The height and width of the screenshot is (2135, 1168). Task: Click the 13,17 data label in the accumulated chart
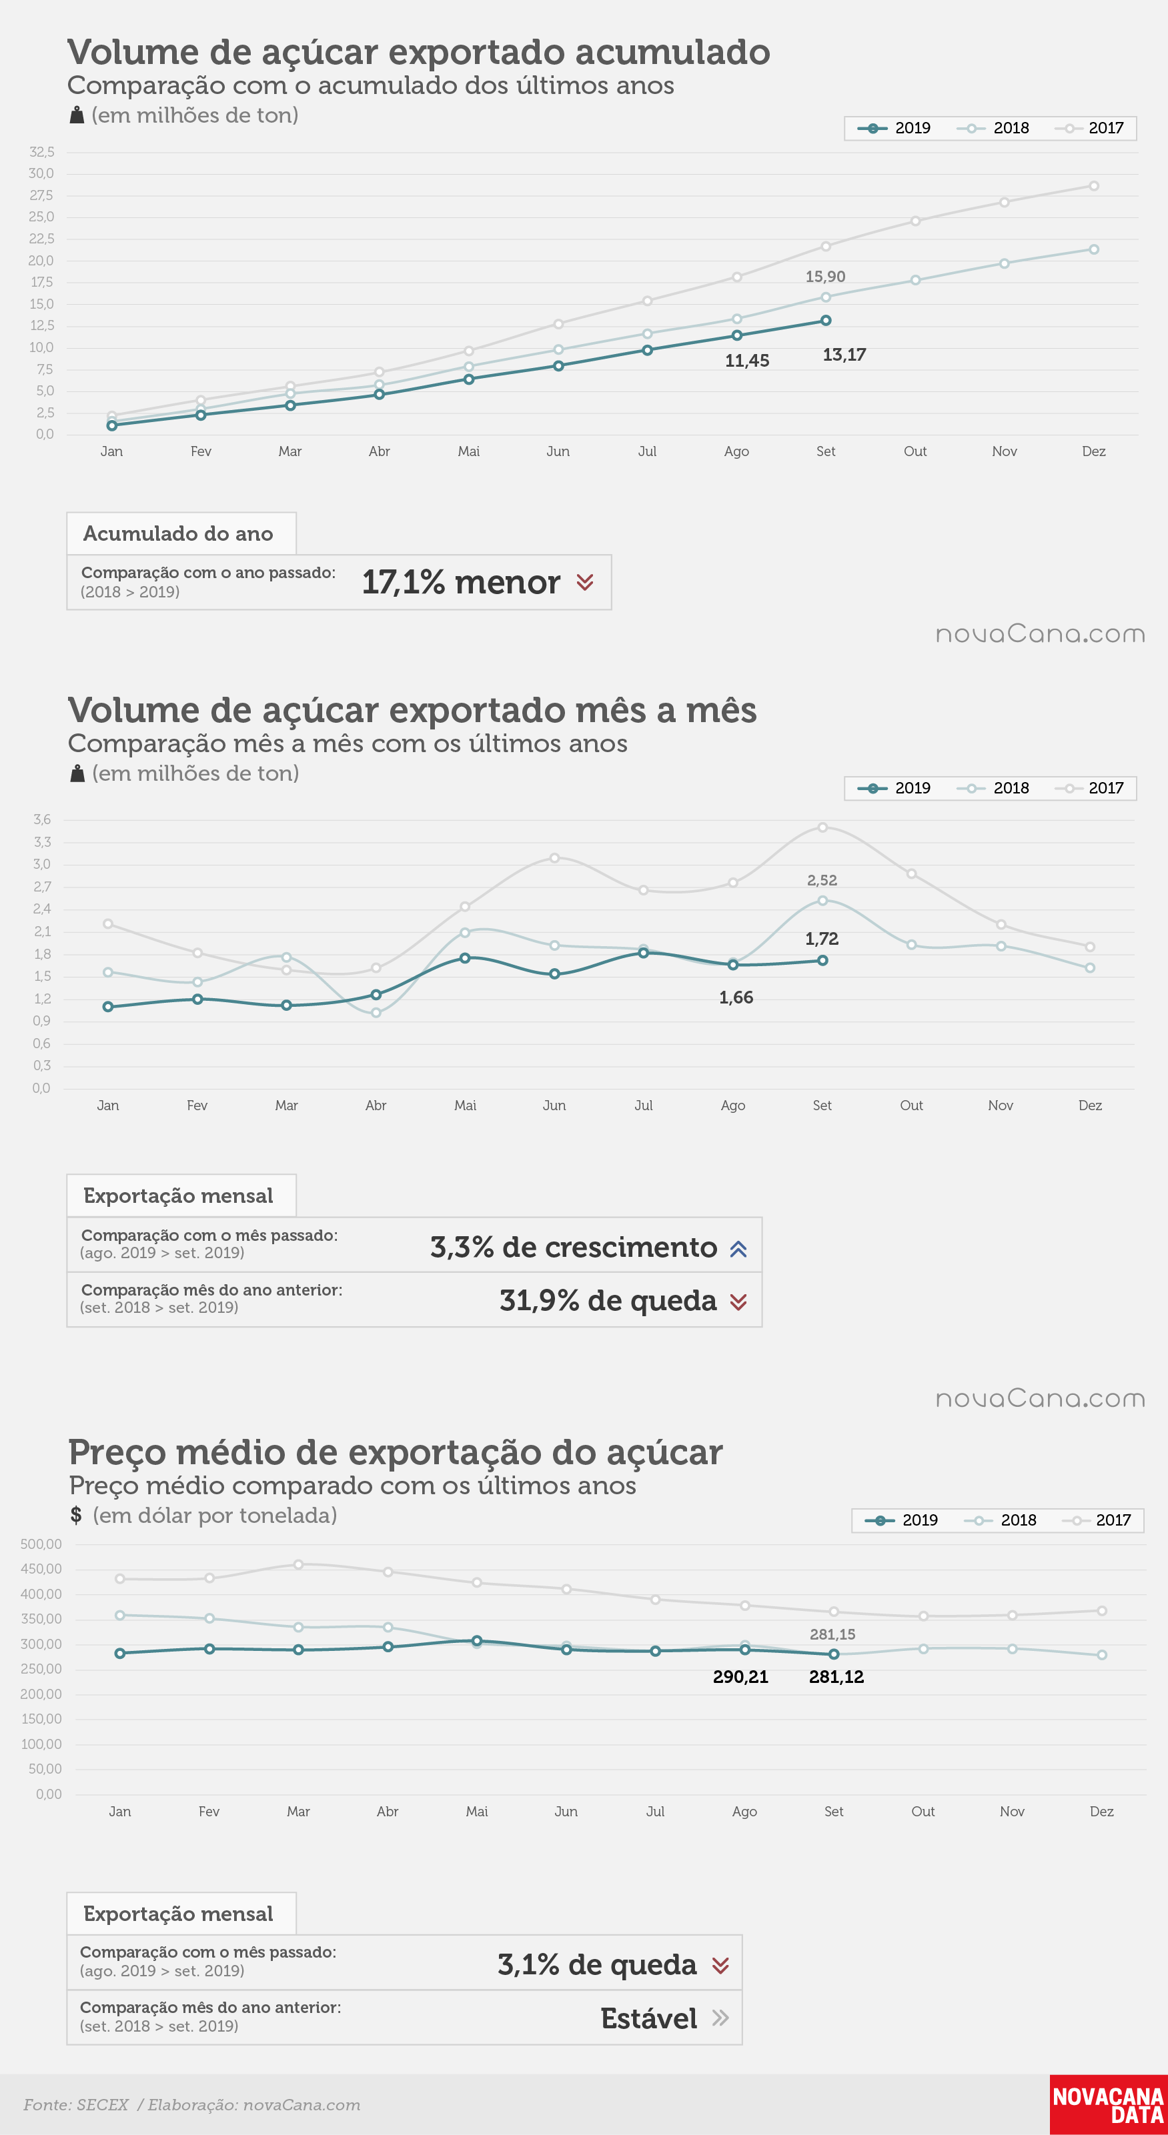(x=844, y=355)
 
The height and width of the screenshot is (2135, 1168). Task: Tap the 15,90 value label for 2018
(x=825, y=277)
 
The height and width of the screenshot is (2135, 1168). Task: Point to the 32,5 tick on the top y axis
(x=41, y=151)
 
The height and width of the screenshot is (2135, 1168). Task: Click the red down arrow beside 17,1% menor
(x=584, y=583)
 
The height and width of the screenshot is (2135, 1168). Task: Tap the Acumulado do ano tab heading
(x=178, y=533)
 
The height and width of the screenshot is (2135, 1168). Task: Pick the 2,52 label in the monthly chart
(x=822, y=880)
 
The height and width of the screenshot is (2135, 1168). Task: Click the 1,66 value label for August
(x=736, y=998)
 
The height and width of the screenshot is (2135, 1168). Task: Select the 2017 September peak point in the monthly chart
(x=822, y=827)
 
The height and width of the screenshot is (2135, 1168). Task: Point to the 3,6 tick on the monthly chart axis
(x=42, y=819)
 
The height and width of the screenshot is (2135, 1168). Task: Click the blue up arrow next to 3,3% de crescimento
(x=738, y=1249)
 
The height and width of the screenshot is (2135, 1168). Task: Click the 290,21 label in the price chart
(x=740, y=1677)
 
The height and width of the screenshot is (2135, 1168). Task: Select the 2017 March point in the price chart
(x=298, y=1565)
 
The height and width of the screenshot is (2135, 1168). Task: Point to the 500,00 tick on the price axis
(x=41, y=1544)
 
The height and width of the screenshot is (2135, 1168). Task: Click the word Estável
(x=648, y=2018)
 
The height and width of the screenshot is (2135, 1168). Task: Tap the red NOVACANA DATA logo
(x=1109, y=2104)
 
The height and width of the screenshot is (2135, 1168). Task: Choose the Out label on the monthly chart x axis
(x=911, y=1106)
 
